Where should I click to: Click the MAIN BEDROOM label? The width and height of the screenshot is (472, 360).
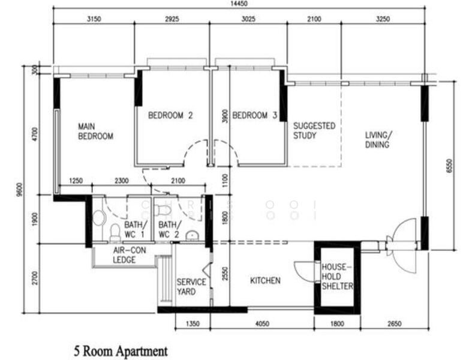95,131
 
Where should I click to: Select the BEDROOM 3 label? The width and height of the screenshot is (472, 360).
254,115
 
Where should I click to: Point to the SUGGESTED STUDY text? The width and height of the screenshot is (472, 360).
314,130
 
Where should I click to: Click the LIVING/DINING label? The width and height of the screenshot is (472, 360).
378,139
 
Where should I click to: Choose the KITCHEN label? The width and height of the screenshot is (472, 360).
265,280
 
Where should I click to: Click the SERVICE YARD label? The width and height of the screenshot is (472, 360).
191,287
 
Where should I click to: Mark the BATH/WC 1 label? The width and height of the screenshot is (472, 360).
135,229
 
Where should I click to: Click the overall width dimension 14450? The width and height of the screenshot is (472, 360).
239,4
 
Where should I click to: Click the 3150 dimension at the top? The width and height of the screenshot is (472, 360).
94,19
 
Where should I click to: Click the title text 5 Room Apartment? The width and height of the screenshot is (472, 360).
120,350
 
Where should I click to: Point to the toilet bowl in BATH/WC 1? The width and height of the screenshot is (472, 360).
115,230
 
